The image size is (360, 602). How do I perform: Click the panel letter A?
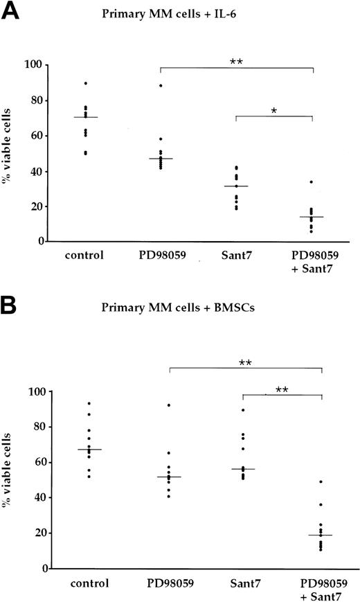pos(12,12)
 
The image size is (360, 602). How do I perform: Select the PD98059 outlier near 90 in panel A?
pos(161,86)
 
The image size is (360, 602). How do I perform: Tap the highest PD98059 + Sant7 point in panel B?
pos(320,481)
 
